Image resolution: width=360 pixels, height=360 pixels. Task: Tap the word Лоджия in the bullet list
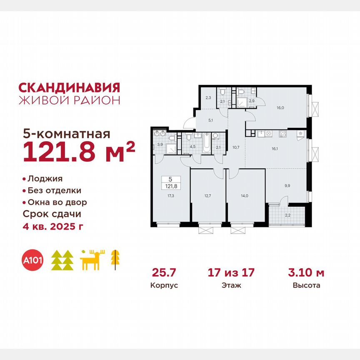pyautogui.click(x=45, y=179)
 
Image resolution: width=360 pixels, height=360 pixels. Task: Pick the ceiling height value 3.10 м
pyautogui.click(x=306, y=273)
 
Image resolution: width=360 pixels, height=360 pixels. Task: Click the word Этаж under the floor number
pyautogui.click(x=231, y=286)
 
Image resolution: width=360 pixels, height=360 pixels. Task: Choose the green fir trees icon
pyautogui.click(x=62, y=260)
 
